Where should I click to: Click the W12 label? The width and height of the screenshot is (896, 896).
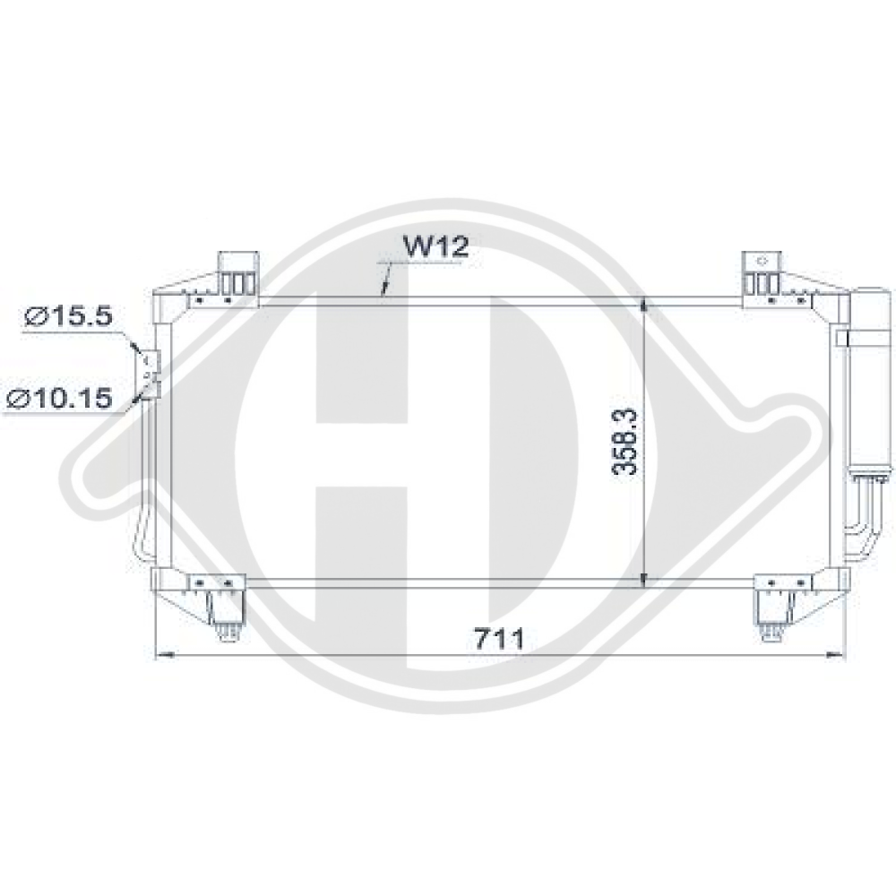(434, 247)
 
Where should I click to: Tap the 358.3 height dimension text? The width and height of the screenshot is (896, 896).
(626, 441)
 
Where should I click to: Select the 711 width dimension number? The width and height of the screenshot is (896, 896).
(499, 639)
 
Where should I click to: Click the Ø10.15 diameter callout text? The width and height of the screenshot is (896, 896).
(59, 398)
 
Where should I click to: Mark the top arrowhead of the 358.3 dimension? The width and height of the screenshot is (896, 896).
(645, 306)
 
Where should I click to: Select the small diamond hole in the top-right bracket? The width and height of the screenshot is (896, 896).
(762, 261)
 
